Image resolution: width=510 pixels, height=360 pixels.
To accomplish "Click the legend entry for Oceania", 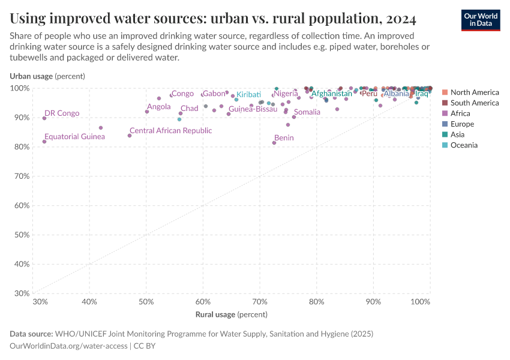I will [464, 145].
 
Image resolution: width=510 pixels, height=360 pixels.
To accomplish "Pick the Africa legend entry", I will [460, 113].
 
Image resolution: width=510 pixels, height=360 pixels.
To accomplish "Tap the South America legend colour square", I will [445, 103].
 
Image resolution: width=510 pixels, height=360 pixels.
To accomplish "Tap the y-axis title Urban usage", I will [47, 76].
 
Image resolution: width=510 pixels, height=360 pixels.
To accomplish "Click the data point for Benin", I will [274, 143].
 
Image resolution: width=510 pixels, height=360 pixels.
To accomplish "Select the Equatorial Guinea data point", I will [44, 142].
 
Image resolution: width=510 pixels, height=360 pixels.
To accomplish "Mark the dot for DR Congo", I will [44, 118].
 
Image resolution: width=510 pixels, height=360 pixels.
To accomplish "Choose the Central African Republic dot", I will [130, 136].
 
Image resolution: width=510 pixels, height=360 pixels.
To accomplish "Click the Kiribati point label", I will [248, 95].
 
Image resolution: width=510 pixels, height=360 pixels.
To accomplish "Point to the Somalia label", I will [307, 112].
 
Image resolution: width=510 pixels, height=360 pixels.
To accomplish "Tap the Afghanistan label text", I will [331, 94].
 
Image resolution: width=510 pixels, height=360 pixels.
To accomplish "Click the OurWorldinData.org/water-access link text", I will [68, 346].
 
